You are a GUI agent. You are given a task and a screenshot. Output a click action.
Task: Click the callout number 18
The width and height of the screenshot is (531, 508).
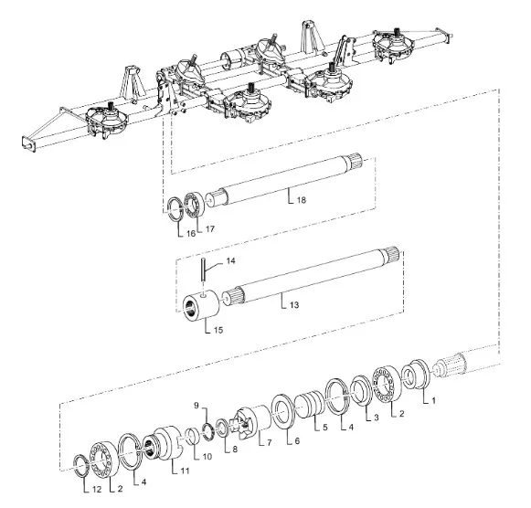(302, 200)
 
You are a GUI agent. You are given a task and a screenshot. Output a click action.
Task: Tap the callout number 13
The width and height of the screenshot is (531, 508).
(294, 305)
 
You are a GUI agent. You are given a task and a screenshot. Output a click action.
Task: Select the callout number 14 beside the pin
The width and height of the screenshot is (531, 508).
(230, 261)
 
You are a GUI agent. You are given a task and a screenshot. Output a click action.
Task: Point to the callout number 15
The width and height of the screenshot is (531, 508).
(218, 330)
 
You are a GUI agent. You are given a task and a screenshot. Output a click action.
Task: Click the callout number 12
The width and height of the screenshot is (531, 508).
(97, 490)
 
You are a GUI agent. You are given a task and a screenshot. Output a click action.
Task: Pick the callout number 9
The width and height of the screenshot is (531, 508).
(196, 405)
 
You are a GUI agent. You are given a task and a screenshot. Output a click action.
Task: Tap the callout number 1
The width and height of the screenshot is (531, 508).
(433, 401)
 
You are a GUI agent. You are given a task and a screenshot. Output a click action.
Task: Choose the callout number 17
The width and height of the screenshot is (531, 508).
(210, 229)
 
